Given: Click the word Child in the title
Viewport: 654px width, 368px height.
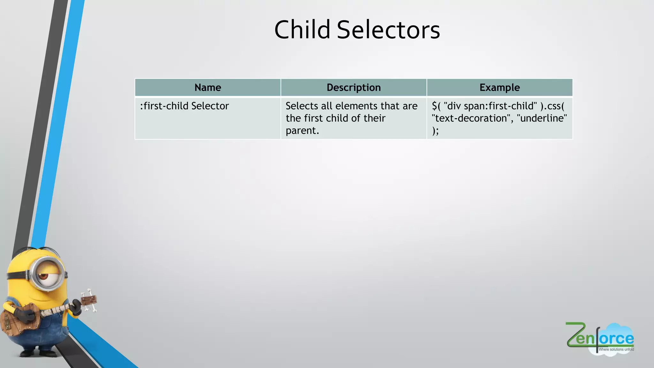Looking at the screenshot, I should tap(302, 30).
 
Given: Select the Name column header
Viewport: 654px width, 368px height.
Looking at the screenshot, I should tap(208, 88).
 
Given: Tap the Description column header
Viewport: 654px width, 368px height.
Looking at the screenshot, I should tap(354, 88).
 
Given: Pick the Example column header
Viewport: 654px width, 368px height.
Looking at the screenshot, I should tap(499, 88).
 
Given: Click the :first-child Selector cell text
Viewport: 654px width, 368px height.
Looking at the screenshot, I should tap(184, 106).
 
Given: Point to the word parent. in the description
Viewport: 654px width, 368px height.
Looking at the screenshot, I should tap(302, 131).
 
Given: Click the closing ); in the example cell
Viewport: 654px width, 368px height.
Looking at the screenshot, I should tap(435, 131).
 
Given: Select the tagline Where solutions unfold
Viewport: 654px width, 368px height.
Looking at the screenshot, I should tap(616, 349).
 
